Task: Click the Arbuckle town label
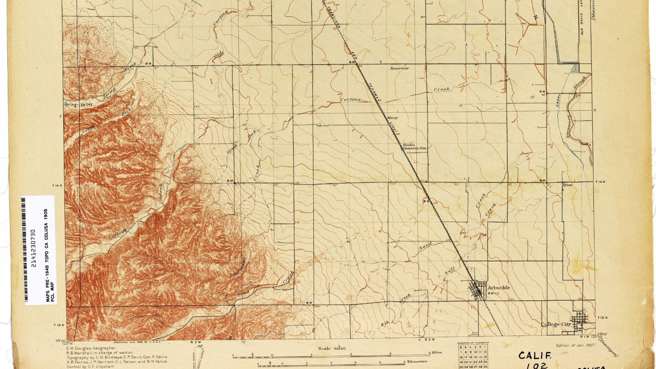coord(498,288)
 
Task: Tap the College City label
coord(556,324)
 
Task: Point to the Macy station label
coord(392,118)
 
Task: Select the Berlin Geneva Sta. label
coord(414,147)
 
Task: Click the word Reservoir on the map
coord(399,68)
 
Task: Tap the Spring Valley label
coord(78,105)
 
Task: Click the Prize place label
coord(567,185)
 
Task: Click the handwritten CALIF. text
coord(535,356)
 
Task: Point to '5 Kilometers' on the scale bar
coord(415,361)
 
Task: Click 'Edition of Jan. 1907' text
coord(576,345)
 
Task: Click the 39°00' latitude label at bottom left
coord(60,340)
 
